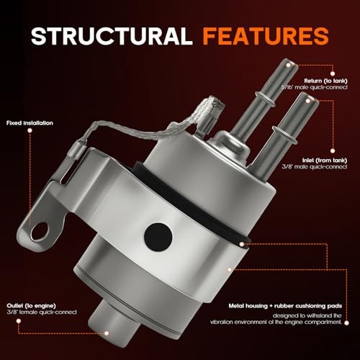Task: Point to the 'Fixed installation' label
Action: pyautogui.click(x=30, y=122)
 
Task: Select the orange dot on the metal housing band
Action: pyautogui.click(x=229, y=268)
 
